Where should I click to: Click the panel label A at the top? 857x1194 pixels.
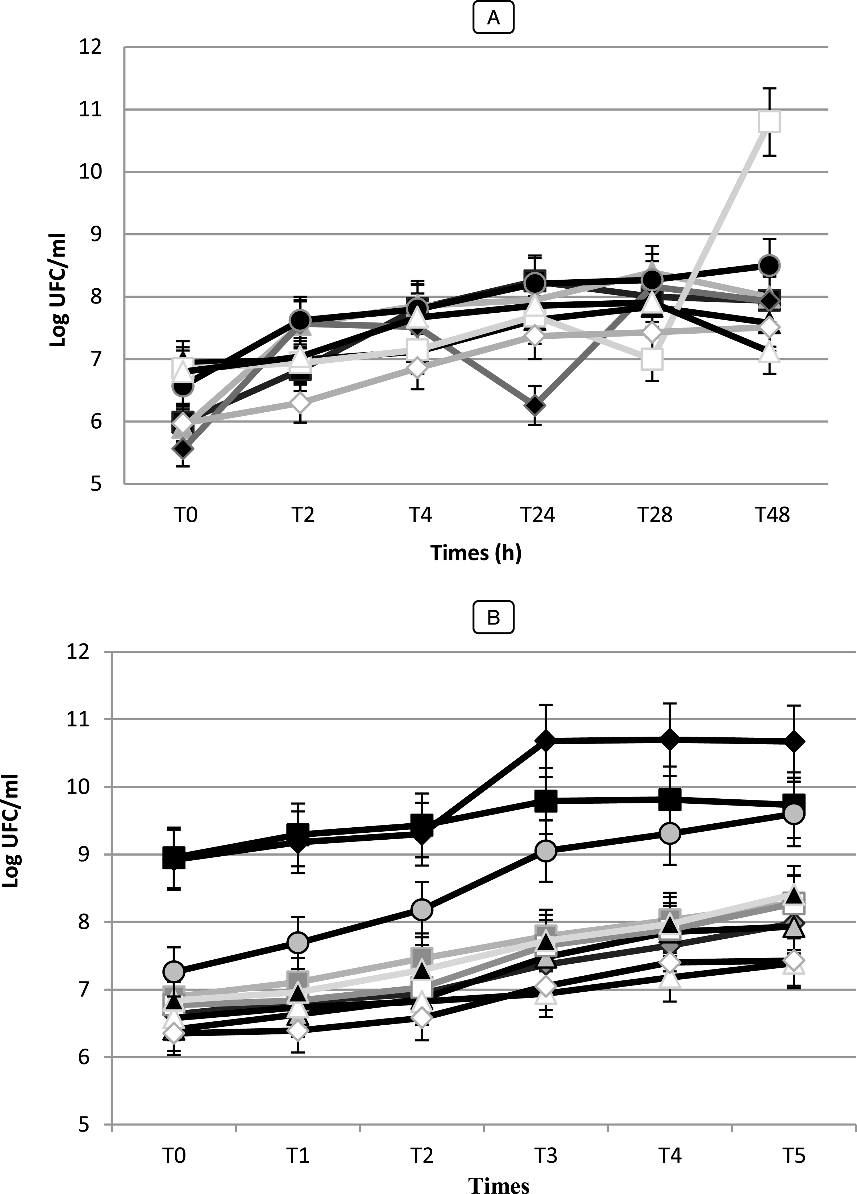pos(493,19)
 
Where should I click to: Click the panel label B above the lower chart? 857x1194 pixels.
pos(493,618)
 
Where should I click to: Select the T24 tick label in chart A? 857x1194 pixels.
pos(538,514)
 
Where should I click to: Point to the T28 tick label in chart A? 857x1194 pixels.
pos(655,514)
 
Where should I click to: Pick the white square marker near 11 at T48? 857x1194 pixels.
pos(769,121)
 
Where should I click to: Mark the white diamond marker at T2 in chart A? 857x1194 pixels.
pos(300,404)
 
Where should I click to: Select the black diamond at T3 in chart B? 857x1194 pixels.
pos(546,740)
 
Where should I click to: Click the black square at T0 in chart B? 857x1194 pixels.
pos(174,857)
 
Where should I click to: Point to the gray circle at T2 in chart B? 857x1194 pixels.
pos(422,909)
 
